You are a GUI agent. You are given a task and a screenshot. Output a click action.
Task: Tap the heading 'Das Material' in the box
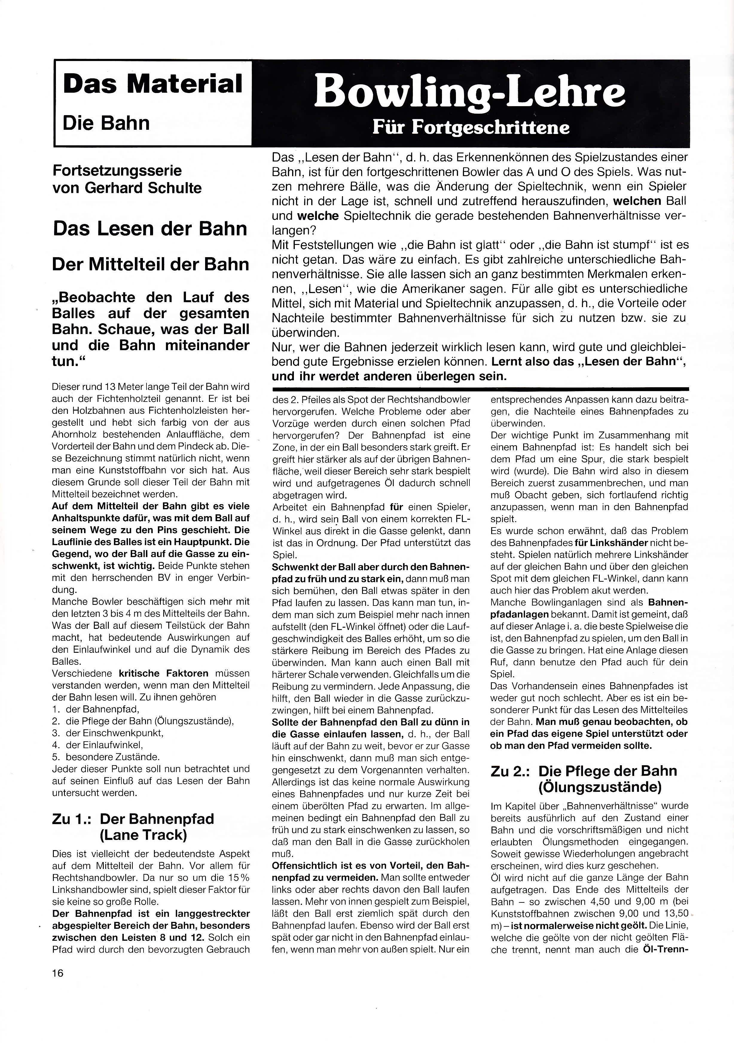pyautogui.click(x=152, y=85)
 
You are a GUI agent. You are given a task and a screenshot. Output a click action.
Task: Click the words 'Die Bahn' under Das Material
pyautogui.click(x=106, y=123)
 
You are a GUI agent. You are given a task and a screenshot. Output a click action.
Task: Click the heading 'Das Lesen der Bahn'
pyautogui.click(x=150, y=228)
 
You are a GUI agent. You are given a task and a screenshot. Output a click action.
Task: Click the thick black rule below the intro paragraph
pyautogui.click(x=480, y=389)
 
